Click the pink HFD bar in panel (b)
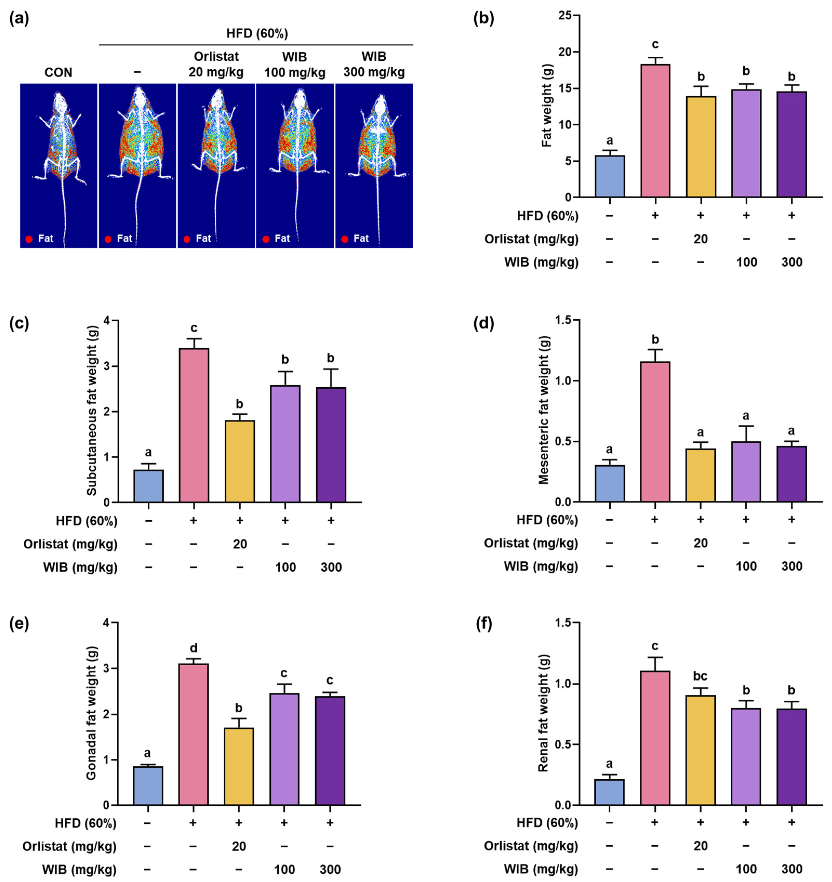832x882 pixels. (655, 131)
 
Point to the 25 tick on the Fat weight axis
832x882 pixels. (570, 16)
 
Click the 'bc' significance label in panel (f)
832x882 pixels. (700, 676)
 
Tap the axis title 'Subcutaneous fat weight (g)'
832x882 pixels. (92, 411)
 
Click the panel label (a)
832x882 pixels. (19, 19)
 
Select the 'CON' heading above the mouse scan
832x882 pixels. (58, 72)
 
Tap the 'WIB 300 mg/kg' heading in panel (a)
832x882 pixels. (374, 64)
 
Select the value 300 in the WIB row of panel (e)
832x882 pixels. (330, 870)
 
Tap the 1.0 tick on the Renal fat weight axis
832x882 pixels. (569, 684)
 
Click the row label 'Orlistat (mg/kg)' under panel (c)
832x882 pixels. (70, 544)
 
